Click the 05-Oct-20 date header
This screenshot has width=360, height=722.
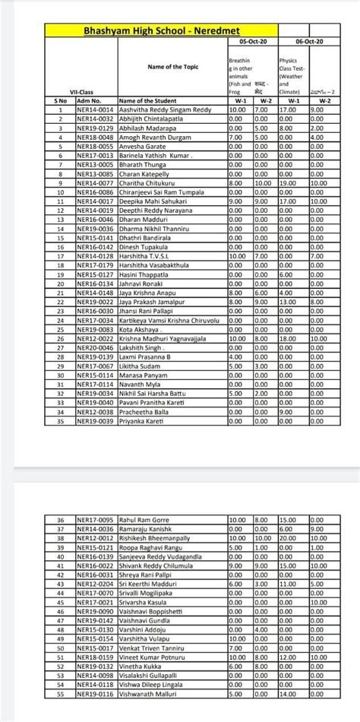[x=250, y=43]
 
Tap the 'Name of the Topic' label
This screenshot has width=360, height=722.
[x=172, y=66]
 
